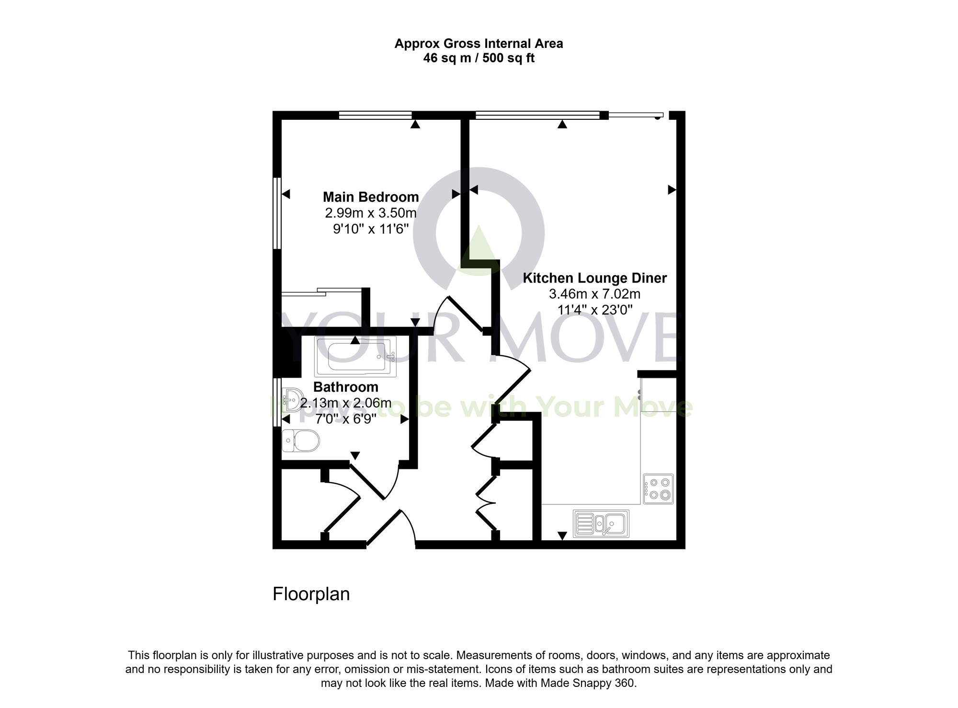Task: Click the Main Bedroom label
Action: tap(371, 197)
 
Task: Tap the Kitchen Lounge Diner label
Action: tap(594, 278)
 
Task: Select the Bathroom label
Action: tap(345, 387)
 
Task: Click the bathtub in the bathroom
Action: tap(355, 357)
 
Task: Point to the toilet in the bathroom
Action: tap(301, 441)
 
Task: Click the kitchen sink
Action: tap(601, 523)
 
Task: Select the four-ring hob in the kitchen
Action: tap(658, 489)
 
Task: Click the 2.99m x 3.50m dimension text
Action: tap(371, 213)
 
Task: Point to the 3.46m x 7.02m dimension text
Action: tap(594, 294)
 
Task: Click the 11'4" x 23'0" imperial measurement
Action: tap(594, 310)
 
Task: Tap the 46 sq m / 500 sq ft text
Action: tap(479, 58)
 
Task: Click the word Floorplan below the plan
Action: tap(311, 594)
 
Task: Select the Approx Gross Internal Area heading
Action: tap(479, 44)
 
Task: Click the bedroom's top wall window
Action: tap(375, 115)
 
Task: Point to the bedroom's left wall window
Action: tap(276, 213)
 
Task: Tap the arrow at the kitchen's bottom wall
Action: tap(562, 535)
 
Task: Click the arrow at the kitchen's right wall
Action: tap(672, 190)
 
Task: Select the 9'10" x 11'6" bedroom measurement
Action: tap(371, 229)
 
